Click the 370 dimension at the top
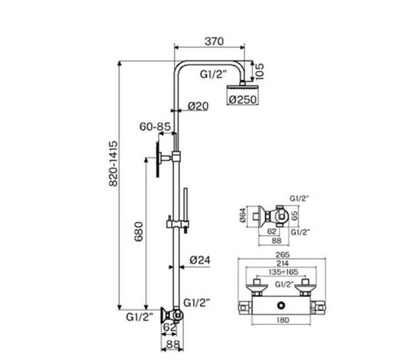click(214, 42)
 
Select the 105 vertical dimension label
click(259, 71)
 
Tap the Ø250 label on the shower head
click(242, 99)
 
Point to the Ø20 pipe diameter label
click(198, 106)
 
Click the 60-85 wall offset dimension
click(155, 126)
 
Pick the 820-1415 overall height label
click(114, 163)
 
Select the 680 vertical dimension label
click(138, 231)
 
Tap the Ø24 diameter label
click(200, 260)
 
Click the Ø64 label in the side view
click(242, 215)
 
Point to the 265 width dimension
click(282, 254)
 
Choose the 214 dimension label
click(282, 263)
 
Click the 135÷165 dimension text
click(282, 272)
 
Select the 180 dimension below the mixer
click(282, 320)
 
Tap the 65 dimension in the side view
click(294, 215)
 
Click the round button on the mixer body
click(281, 306)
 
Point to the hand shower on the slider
click(186, 210)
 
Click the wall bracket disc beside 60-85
click(158, 159)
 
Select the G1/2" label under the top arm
click(214, 74)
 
